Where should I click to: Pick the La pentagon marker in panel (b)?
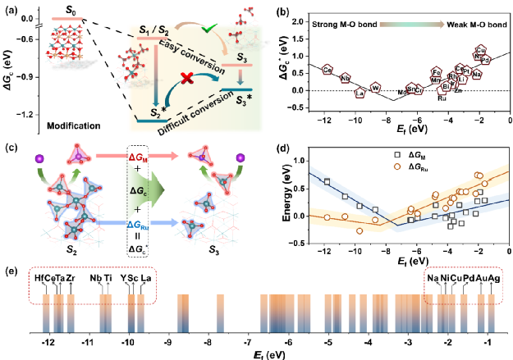(359, 93)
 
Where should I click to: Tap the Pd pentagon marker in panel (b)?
(484, 59)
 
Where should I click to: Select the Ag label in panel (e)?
(493, 277)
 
